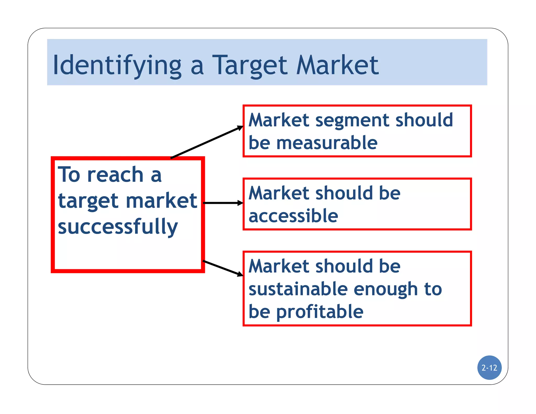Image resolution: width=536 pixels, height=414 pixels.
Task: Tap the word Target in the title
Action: [x=250, y=65]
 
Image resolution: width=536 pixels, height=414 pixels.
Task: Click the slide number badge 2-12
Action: [x=489, y=368]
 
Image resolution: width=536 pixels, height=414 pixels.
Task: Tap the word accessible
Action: [x=293, y=216]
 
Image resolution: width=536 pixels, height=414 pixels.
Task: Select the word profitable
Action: [x=320, y=312]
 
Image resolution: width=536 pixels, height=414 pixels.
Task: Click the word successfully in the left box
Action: [x=118, y=227]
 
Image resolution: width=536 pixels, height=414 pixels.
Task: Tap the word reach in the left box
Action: [x=115, y=175]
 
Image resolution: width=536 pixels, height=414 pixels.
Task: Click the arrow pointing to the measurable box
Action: [x=207, y=142]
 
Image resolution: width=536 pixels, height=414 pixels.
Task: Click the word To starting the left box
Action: [x=69, y=175]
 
